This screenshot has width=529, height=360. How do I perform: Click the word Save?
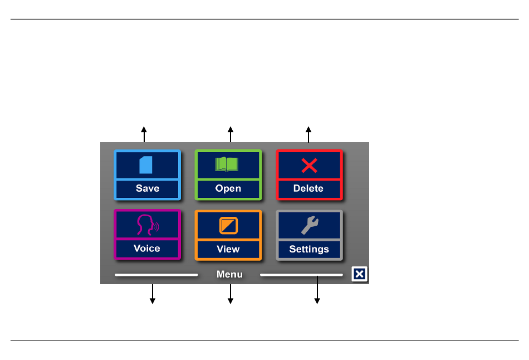point(148,188)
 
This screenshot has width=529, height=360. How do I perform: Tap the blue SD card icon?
point(146,165)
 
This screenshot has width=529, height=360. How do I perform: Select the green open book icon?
point(227,164)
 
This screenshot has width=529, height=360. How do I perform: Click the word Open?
point(228,188)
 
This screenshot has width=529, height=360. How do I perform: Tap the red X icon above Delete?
point(310,166)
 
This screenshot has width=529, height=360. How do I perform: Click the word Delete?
point(308,188)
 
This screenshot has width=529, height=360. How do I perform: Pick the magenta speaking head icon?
point(148,225)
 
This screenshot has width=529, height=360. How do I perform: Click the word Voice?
point(147,248)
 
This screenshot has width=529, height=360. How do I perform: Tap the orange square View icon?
point(228,225)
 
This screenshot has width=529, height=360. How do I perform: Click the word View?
point(228,249)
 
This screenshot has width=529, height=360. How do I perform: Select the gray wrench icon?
point(310,225)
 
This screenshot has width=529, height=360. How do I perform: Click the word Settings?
point(309,249)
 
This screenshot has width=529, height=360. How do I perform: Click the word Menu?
point(229,274)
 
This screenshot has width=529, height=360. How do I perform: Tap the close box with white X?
point(359,274)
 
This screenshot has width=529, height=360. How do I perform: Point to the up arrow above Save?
point(144,134)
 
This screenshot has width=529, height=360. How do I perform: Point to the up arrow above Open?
point(231,134)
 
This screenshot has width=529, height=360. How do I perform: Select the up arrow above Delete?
point(308,134)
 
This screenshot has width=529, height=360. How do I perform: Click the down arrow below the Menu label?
point(231,294)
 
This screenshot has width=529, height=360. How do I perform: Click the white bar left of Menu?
point(156,275)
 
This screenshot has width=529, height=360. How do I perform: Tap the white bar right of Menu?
point(301,275)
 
